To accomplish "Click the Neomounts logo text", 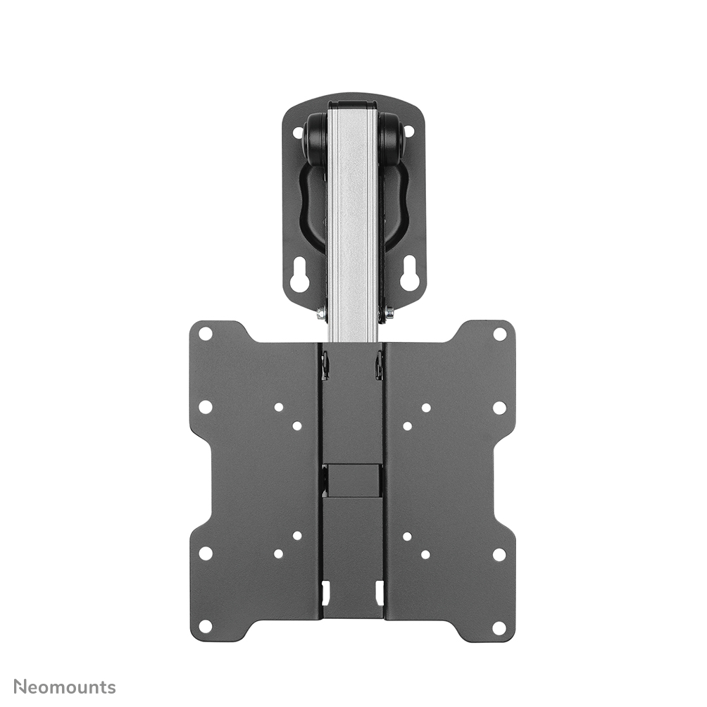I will [x=65, y=687].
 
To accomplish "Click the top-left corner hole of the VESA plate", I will [x=206, y=334].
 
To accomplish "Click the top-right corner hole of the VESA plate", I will [x=499, y=334].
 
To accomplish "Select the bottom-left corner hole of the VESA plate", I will [x=206, y=626].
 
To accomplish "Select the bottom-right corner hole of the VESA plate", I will [x=499, y=626].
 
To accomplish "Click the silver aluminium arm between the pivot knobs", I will [x=353, y=211].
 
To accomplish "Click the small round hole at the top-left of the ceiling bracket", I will [x=297, y=132].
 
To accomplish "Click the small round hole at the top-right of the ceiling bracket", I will [x=409, y=132].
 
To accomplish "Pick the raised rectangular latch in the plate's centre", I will [x=353, y=480].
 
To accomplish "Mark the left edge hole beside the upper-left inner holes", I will [x=206, y=407].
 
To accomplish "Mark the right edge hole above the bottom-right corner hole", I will [x=499, y=553].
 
